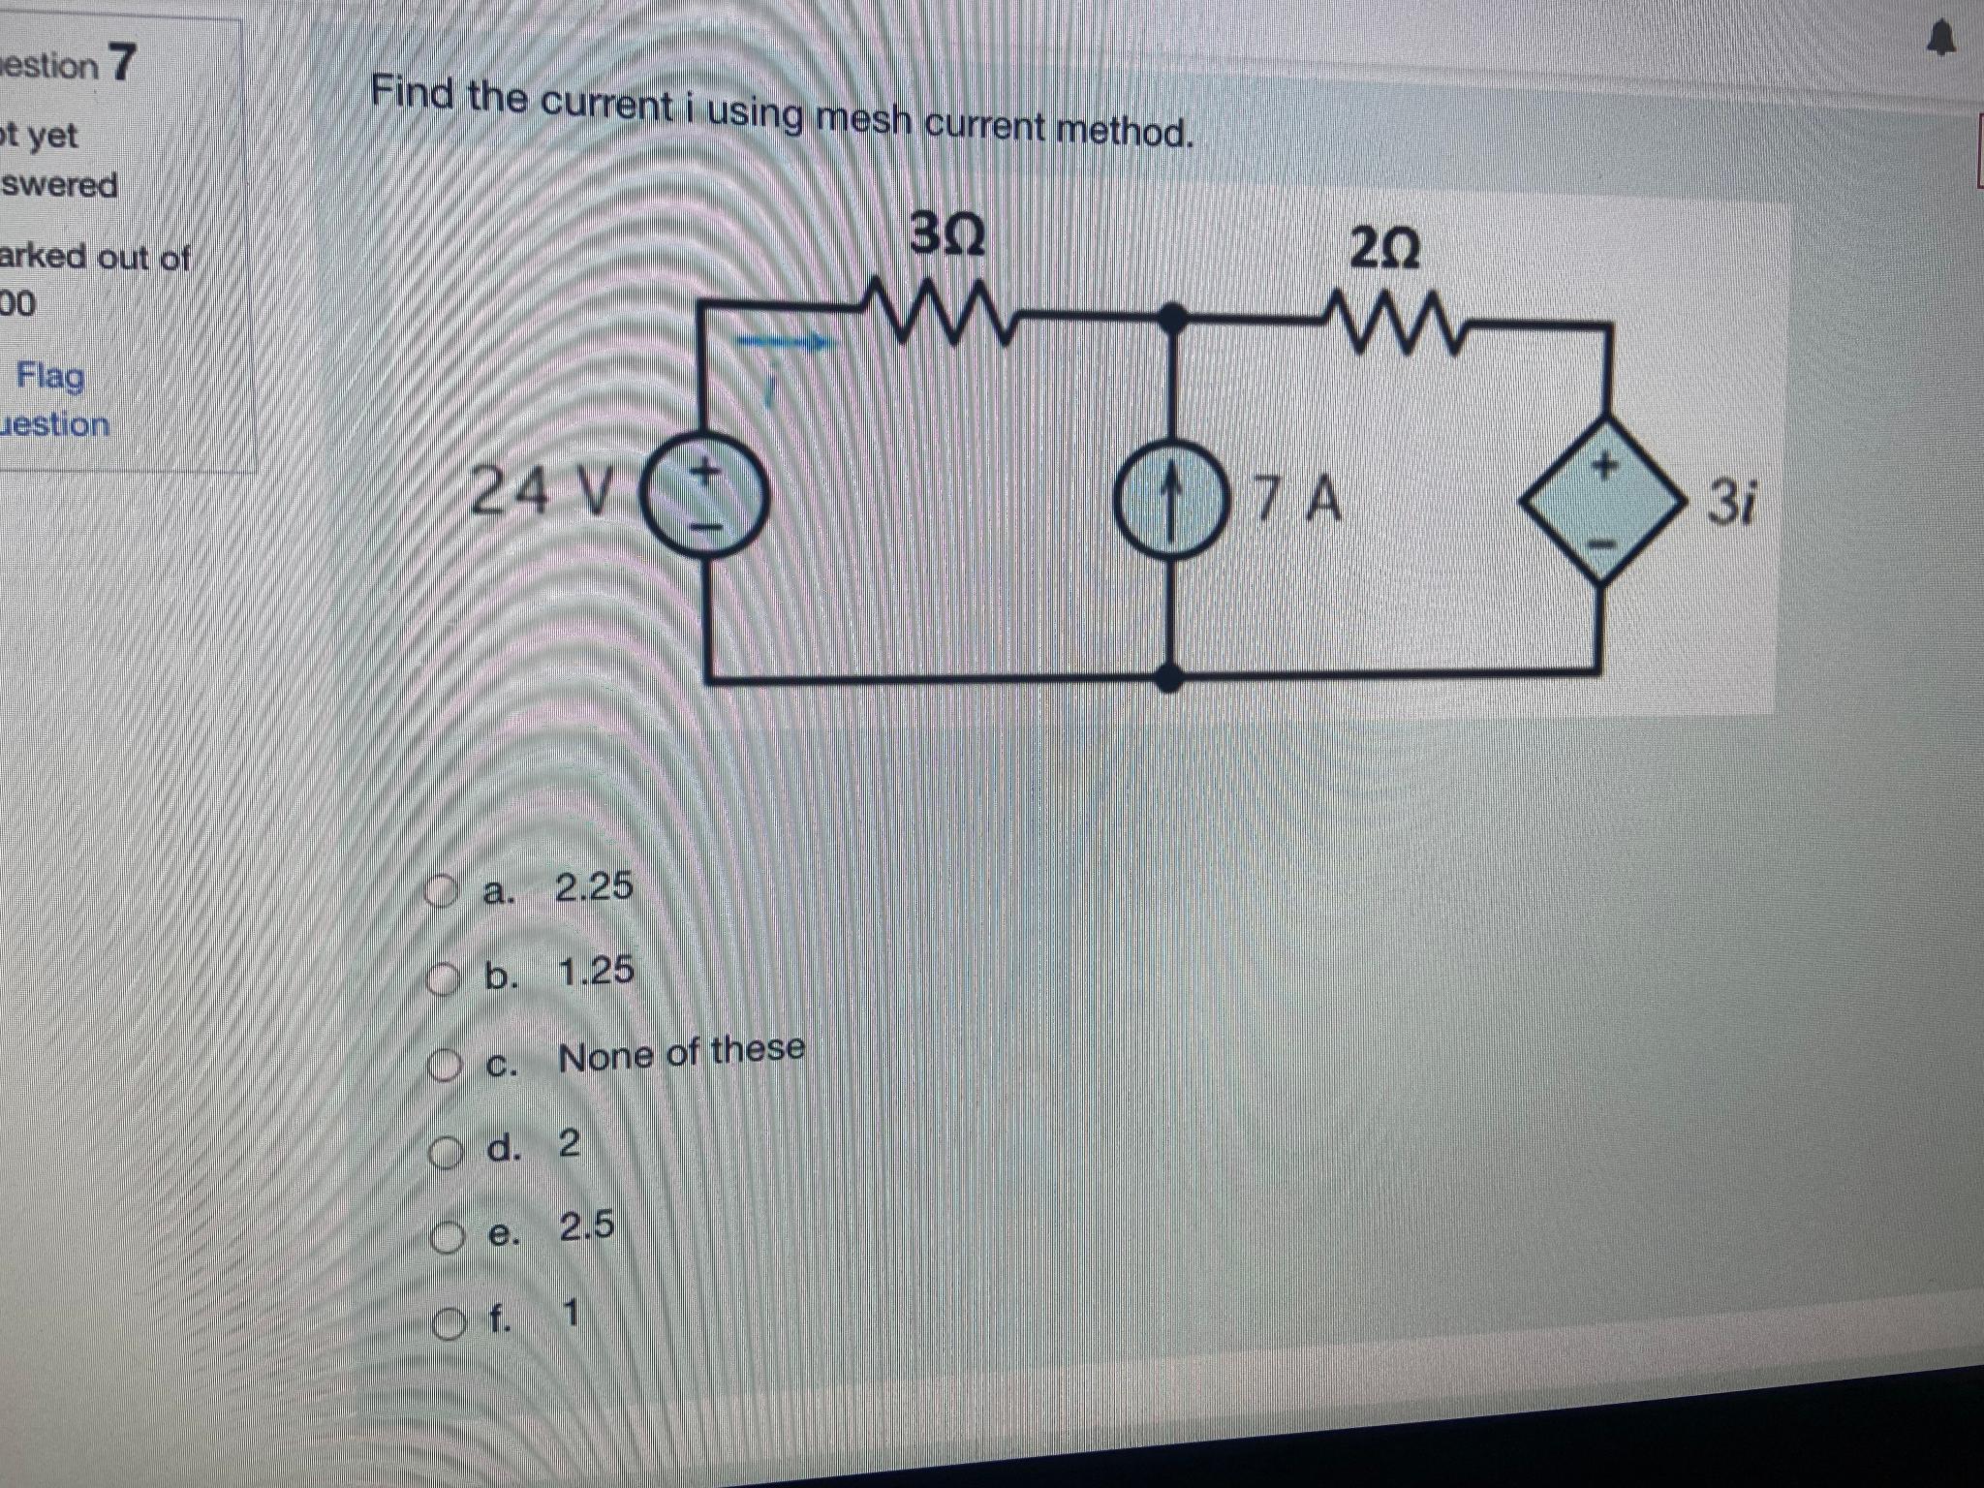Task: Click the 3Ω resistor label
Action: click(x=947, y=235)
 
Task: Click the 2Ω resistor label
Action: click(x=1384, y=251)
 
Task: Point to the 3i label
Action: click(x=1730, y=503)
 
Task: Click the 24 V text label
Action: click(x=542, y=490)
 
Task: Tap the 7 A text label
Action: click(x=1299, y=501)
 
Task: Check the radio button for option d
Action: click(x=445, y=1151)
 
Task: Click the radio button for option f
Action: click(x=448, y=1321)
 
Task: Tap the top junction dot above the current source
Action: click(x=1173, y=316)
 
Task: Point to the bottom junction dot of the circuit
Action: click(x=1171, y=677)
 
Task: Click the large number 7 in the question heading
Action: click(x=122, y=63)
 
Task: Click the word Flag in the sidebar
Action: click(x=50, y=375)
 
